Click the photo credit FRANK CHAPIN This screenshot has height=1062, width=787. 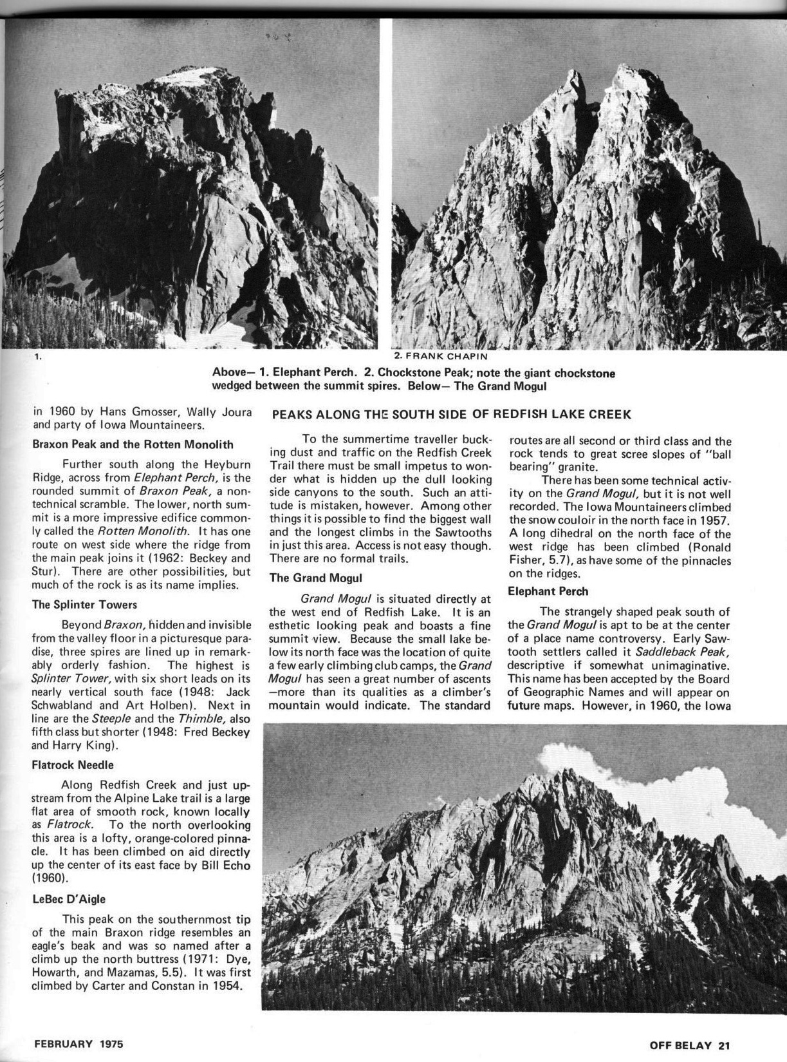click(436, 356)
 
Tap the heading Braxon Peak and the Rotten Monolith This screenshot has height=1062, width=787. click(133, 444)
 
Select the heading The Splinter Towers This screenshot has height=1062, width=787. click(84, 605)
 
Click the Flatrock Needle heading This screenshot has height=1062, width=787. click(73, 765)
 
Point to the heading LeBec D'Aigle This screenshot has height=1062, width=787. click(69, 898)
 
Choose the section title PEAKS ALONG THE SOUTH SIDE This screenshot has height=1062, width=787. click(451, 414)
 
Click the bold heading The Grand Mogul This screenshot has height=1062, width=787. click(315, 578)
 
